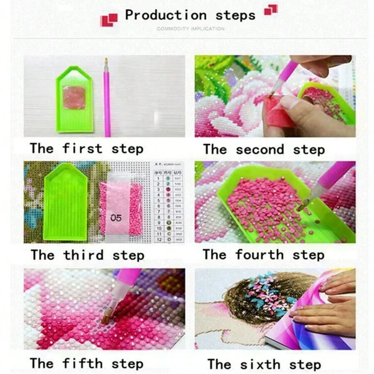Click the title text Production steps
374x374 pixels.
190,15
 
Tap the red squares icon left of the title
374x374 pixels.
109,19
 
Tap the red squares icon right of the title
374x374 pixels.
271,10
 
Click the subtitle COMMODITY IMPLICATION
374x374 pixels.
190,29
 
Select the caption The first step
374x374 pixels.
86,149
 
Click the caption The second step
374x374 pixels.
263,150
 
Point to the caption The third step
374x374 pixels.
87,255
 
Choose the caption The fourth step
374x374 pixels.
263,254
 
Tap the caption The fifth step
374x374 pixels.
86,363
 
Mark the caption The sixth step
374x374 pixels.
264,364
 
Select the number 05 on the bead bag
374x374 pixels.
116,218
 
